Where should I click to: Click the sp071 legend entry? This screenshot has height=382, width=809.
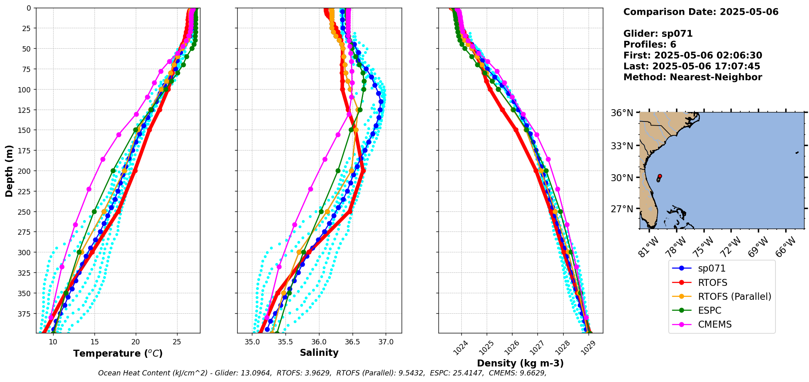click(x=711, y=269)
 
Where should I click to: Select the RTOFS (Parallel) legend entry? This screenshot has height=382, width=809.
click(x=734, y=297)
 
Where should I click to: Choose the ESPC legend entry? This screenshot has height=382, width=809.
click(x=710, y=310)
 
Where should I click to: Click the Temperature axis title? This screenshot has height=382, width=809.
click(x=118, y=353)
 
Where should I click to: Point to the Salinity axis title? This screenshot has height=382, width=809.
click(x=319, y=353)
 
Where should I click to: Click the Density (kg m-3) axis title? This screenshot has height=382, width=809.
click(x=520, y=363)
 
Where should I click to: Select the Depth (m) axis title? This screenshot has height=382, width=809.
click(x=9, y=171)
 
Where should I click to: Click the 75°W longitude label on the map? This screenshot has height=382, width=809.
click(x=702, y=247)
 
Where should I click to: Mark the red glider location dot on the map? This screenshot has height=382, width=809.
click(x=660, y=176)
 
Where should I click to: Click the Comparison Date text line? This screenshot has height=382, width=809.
click(x=701, y=12)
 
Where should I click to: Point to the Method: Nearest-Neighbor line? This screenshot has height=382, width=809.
click(x=692, y=77)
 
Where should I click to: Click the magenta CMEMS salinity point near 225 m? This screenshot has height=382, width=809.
click(x=310, y=189)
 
